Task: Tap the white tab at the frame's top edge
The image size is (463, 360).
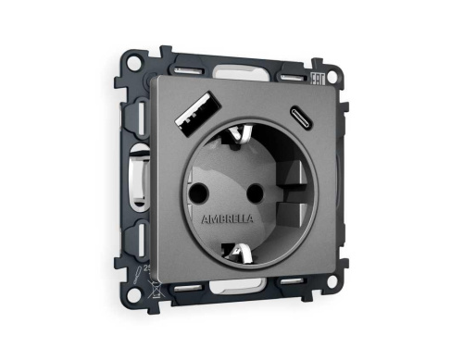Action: tap(243, 71)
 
